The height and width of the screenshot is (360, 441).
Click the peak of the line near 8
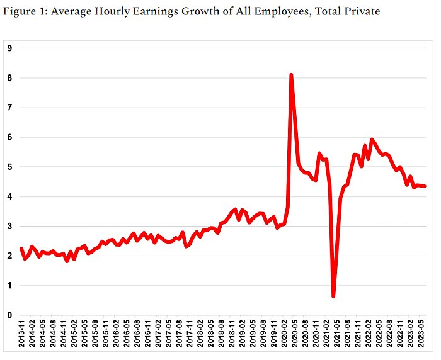coord(291,75)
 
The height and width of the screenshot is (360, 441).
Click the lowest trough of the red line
coord(333,296)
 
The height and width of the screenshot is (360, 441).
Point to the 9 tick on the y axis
coord(10,48)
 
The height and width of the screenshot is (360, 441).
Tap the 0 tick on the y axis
coord(10,315)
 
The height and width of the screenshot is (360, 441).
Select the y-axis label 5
coord(10,167)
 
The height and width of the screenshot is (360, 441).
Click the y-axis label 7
coord(10,108)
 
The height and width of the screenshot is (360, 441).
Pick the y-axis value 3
coord(10,226)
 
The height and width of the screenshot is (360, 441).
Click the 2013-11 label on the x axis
coord(22,334)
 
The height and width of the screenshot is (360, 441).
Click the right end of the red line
coord(425,186)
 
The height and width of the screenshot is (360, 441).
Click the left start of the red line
coord(21,248)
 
